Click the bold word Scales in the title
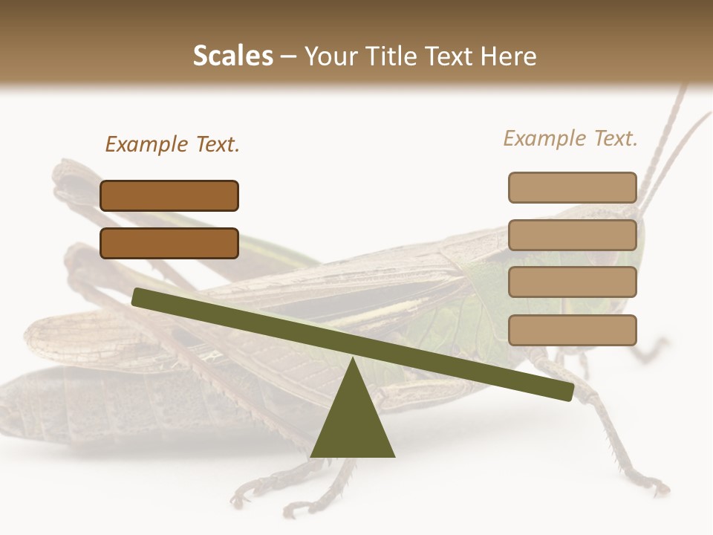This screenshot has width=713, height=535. coord(232,56)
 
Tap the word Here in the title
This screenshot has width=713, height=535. coord(509,56)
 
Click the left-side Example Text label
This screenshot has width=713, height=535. coord(172,144)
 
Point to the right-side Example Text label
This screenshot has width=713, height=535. coord(570,138)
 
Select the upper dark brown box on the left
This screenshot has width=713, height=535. coord(169,195)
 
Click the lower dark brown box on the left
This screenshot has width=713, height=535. coord(169,243)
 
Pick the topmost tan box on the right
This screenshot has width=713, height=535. coord(572,187)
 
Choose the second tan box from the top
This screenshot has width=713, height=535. coord(572,235)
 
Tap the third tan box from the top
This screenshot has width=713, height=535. coord(572,282)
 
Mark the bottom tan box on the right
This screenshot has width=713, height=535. coord(572,330)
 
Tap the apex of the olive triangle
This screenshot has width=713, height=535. coord(354,360)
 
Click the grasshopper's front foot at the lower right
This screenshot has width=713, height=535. coord(654,487)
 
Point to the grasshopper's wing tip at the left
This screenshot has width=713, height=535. coord(33,334)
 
